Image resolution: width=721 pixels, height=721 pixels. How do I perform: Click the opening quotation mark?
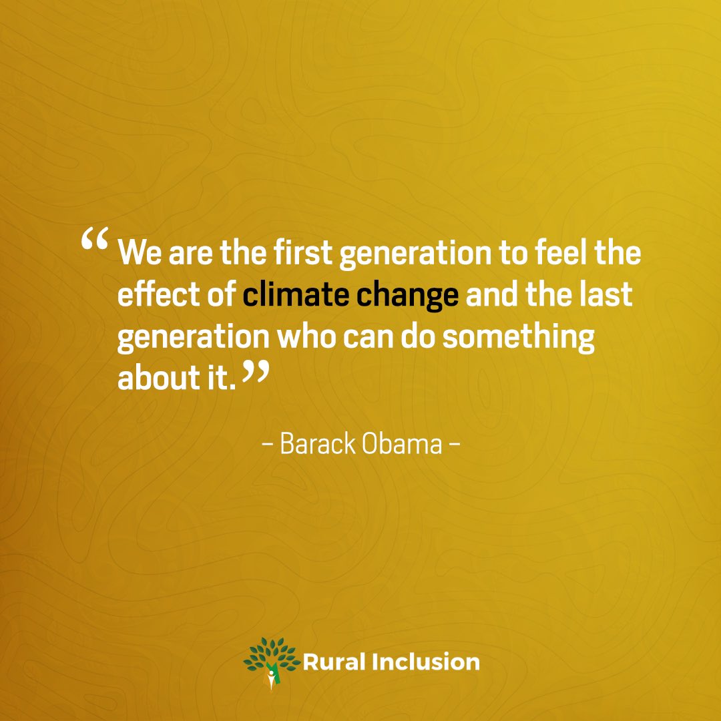pos(95,243)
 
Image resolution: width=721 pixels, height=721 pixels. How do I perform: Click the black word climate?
pos(295,294)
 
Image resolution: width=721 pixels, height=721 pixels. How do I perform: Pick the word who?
pos(304,336)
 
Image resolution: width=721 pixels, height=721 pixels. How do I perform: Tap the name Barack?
pos(318,443)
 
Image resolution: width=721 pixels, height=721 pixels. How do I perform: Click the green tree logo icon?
pos(271,662)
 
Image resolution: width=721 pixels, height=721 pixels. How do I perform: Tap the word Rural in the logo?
pos(330,662)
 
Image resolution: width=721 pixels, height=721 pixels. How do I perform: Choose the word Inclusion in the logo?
pos(424,662)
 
